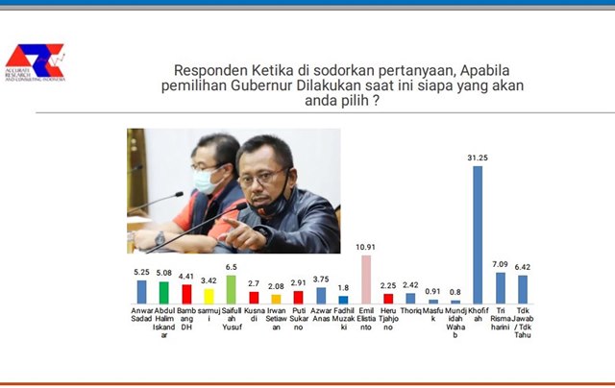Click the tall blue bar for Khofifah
(x=477, y=234)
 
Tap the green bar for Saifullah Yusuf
(x=231, y=289)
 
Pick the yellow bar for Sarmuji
(x=209, y=296)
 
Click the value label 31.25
(x=477, y=158)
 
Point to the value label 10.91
(x=366, y=248)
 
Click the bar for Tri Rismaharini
(x=501, y=288)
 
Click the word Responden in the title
(x=212, y=70)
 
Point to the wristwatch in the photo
(x=160, y=238)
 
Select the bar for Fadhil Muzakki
(x=343, y=300)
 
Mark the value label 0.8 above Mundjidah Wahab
(x=455, y=292)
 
